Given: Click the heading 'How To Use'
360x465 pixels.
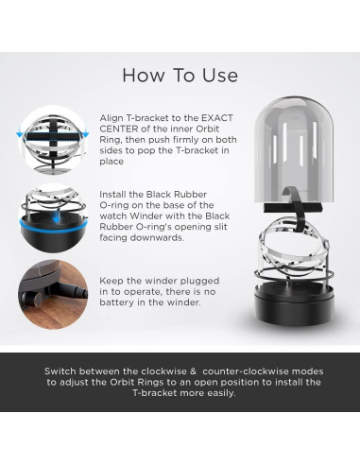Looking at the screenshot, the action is coord(180,76).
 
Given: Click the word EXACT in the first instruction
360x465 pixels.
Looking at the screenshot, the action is coord(217,118).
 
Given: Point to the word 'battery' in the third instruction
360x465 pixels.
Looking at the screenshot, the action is coord(116,302).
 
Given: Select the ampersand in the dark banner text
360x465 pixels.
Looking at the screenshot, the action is coord(193,371).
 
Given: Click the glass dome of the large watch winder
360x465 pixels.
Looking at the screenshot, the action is coord(294,148).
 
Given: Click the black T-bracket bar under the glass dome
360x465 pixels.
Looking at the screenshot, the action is coord(293,208).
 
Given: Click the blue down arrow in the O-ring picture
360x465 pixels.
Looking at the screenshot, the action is coord(56,217).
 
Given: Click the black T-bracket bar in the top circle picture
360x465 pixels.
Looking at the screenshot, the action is coord(52,136).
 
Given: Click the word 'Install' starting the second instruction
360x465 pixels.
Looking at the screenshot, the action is coord(114,195).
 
